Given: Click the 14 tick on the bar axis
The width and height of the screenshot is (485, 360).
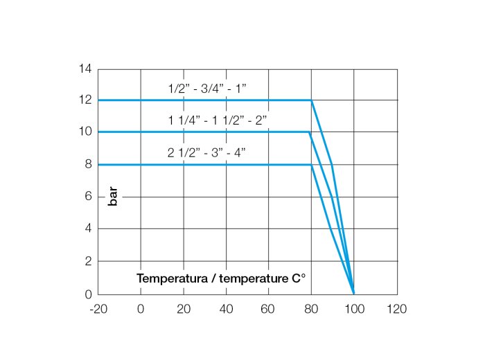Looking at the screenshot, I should [86, 69].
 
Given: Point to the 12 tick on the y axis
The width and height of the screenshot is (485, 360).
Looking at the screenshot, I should [86, 100].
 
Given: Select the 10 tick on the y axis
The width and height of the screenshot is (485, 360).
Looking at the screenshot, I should [86, 132].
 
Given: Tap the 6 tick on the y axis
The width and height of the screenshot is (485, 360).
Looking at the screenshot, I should [88, 197].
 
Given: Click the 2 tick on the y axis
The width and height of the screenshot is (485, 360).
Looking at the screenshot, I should [88, 261].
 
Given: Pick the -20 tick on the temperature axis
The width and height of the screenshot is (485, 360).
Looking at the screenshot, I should [98, 308].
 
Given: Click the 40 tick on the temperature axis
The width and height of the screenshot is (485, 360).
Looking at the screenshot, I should [226, 308].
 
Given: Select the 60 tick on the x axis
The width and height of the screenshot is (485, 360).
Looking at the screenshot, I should [269, 308].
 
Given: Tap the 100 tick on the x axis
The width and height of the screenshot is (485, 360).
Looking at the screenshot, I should [354, 308].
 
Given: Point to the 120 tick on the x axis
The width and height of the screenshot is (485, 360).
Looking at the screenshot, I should [397, 308].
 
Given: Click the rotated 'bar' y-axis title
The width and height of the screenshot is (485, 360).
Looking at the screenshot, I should [113, 197].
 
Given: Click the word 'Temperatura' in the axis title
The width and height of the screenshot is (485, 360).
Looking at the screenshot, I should [170, 278].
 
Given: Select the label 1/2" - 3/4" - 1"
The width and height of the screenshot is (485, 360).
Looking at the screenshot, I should [207, 89].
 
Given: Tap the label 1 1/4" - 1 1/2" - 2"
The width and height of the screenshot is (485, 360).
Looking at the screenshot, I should [217, 120].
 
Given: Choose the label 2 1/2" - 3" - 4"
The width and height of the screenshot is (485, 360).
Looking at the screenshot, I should [206, 152].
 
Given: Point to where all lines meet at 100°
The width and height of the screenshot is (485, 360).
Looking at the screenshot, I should [354, 294].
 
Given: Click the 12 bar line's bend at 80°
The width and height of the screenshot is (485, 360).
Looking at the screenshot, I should [311, 100].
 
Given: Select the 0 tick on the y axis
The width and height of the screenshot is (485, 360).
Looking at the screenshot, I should [88, 294].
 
